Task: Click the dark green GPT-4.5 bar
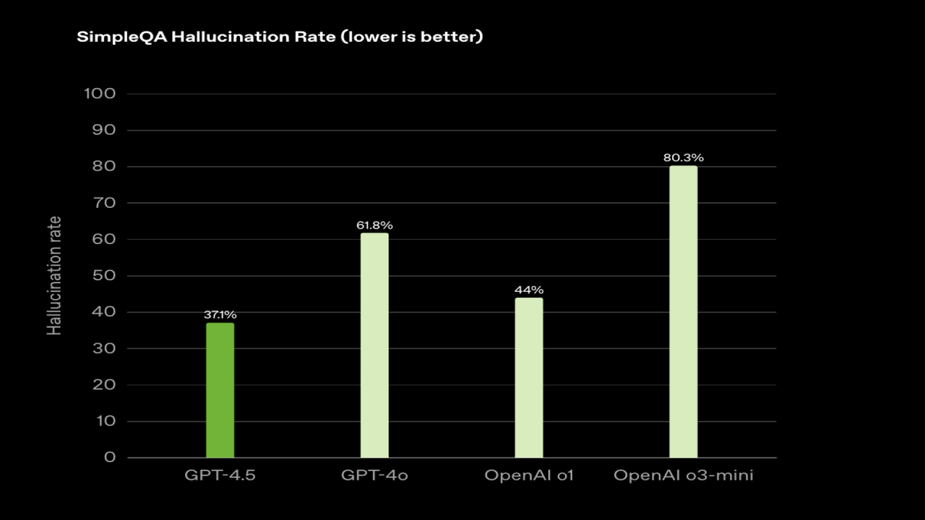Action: pos(220,390)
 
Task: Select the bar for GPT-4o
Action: pos(374,345)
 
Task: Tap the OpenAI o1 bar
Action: pos(528,378)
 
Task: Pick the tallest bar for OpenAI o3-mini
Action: pos(683,312)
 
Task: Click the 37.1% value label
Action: pos(220,315)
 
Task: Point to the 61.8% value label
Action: pos(374,225)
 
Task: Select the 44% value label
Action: pos(528,290)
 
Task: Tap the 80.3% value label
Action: pos(683,157)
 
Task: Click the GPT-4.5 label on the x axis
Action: pos(220,476)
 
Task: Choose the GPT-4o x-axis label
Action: pos(374,476)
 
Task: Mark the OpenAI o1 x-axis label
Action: pos(528,476)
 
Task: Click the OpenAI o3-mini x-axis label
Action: pos(683,476)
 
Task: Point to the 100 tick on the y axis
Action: pos(100,94)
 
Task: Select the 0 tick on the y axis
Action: pos(110,458)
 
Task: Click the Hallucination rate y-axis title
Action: pos(54,275)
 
